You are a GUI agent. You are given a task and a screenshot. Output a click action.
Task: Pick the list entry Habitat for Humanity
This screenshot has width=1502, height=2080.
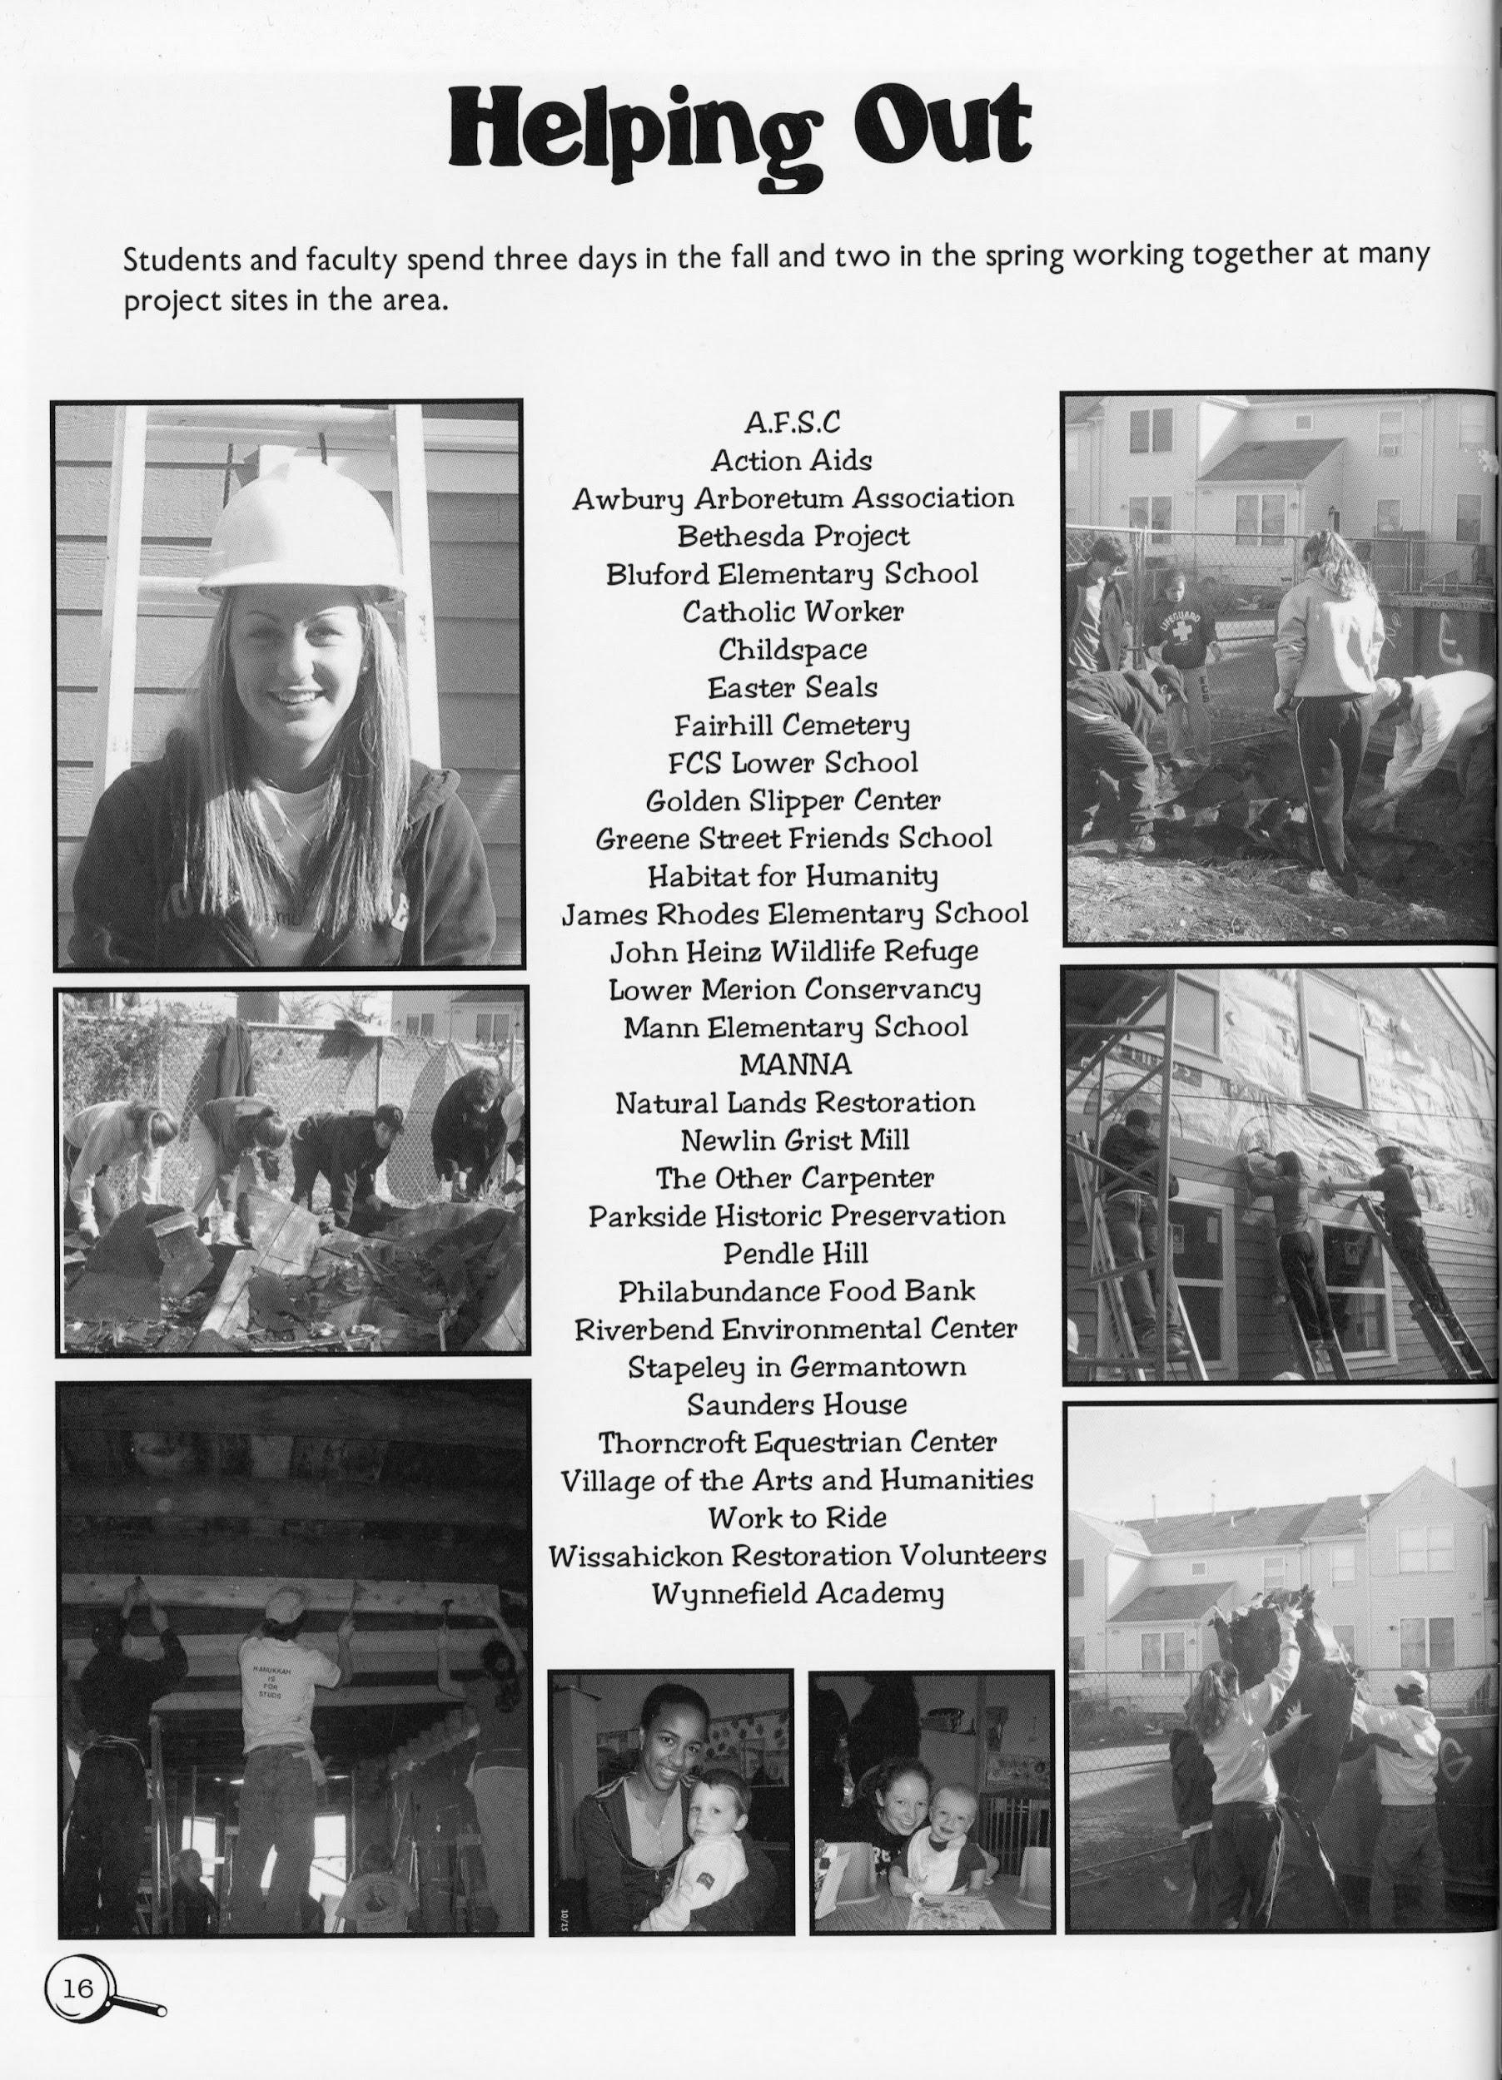pos(793,876)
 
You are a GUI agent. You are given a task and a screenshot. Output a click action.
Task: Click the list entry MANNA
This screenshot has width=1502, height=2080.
pos(794,1064)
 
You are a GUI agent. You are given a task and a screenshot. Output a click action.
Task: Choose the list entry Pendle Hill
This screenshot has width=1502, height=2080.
pos(794,1253)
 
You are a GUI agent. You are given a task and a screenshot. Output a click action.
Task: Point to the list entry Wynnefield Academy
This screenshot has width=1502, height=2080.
pos(797,1594)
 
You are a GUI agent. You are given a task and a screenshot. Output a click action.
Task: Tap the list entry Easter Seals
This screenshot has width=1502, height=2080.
pos(792,687)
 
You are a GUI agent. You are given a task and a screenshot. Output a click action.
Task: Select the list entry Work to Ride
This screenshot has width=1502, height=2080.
pos(797,1518)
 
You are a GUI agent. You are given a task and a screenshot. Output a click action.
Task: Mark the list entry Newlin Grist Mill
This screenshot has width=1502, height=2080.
pos(794,1140)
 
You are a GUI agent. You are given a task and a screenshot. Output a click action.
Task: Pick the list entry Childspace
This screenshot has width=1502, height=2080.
pos(792,649)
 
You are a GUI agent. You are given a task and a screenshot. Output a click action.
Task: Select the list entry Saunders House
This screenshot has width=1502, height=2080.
pos(797,1404)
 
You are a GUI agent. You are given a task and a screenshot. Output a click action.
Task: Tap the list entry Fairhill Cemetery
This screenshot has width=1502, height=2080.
pos(792,726)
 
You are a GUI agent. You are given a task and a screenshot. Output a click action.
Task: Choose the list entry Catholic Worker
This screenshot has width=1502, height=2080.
pos(793,611)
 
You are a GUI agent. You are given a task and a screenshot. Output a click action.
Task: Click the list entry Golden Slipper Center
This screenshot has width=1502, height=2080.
pos(793,800)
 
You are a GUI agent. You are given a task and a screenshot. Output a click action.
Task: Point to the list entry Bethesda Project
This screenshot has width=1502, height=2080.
pos(793,536)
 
